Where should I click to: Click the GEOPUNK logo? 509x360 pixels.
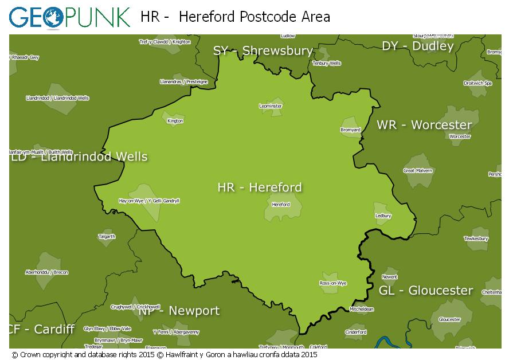click(69, 17)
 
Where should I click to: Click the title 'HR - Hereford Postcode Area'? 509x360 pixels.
click(235, 17)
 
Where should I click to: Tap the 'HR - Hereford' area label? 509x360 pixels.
click(260, 187)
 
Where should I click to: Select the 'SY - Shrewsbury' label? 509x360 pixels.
click(263, 50)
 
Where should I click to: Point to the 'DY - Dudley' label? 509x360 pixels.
click(417, 46)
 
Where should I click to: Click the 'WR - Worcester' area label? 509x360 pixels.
click(424, 124)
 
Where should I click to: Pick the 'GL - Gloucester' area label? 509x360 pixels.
click(426, 290)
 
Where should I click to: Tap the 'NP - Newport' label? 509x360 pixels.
click(179, 311)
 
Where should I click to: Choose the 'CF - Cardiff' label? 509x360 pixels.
click(41, 329)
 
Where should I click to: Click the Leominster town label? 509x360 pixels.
click(271, 106)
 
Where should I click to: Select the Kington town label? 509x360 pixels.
click(175, 121)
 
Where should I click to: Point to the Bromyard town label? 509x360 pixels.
click(350, 130)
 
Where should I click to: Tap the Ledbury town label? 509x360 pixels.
click(383, 216)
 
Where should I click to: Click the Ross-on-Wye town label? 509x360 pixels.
click(333, 283)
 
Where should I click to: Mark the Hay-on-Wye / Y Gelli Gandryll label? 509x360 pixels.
click(148, 201)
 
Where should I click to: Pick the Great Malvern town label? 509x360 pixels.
click(418, 170)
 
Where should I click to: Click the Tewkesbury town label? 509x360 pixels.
click(476, 238)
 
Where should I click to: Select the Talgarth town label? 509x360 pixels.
click(107, 236)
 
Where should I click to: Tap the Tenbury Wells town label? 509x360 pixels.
click(327, 64)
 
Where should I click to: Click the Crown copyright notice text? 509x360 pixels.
click(165, 354)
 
